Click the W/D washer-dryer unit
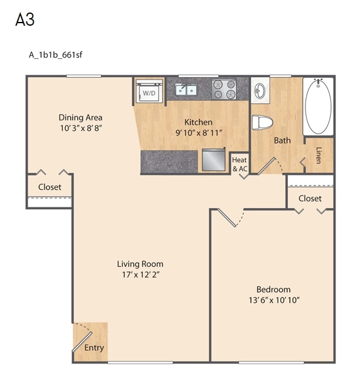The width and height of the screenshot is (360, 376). click(x=149, y=91)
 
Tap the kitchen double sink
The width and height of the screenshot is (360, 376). click(x=186, y=89)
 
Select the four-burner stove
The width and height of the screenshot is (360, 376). click(x=224, y=89)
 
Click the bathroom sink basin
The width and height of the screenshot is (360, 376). click(x=259, y=91)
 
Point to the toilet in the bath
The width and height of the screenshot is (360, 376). click(x=262, y=122)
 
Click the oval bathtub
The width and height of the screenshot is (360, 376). click(x=318, y=107)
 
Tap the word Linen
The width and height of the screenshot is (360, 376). click(x=319, y=155)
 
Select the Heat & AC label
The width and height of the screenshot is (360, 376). click(x=240, y=164)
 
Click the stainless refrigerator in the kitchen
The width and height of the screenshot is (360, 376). click(x=213, y=160)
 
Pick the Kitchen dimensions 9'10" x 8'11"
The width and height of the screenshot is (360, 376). click(x=198, y=133)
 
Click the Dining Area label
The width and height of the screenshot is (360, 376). click(x=81, y=118)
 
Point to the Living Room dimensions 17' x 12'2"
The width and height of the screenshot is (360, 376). click(x=140, y=274)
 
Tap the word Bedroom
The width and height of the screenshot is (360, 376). click(x=273, y=290)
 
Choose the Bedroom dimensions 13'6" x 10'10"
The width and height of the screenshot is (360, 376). click(x=274, y=300)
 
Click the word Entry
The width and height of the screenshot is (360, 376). click(x=94, y=348)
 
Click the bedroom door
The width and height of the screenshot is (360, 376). click(x=227, y=217)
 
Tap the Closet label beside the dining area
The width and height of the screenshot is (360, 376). click(x=50, y=187)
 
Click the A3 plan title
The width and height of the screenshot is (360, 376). click(x=25, y=19)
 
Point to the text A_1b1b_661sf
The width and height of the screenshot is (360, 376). click(x=55, y=55)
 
